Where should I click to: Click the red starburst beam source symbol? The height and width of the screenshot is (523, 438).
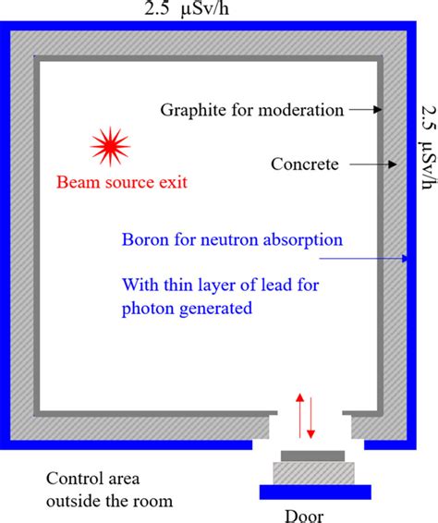pos(110,146)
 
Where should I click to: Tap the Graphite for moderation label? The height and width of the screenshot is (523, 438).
pos(252,110)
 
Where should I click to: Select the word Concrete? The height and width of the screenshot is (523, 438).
pos(305,165)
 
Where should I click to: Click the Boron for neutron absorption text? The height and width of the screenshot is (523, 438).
pos(232,239)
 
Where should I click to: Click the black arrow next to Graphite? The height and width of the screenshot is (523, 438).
pos(365,110)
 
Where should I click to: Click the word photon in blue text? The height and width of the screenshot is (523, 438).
pos(297,285)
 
